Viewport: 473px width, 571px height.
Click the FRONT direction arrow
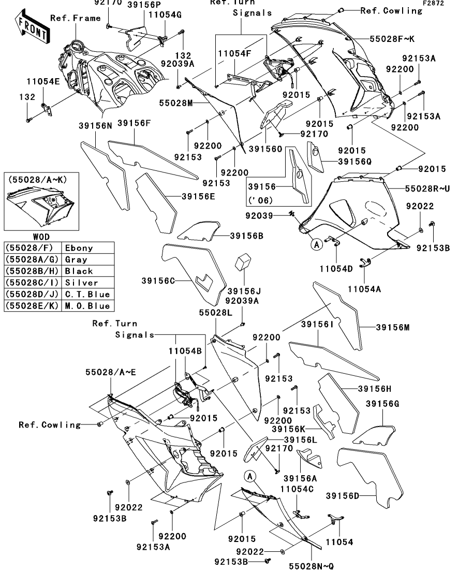[32, 30]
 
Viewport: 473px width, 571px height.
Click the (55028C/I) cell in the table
[32, 283]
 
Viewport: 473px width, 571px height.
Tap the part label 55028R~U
[424, 189]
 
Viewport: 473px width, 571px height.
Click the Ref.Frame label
[75, 18]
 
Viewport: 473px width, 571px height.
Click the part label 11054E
[43, 81]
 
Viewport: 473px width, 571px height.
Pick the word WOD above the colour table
[29, 239]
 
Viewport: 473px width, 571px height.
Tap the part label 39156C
[158, 281]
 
